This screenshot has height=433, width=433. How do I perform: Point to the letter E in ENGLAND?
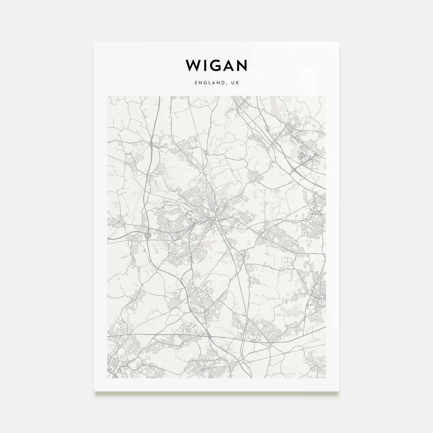pos(195,83)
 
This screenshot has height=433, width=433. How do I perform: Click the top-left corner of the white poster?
pos(94,42)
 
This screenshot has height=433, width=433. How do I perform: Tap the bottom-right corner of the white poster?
pos(339,391)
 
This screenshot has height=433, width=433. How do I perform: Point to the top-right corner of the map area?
pos(326,96)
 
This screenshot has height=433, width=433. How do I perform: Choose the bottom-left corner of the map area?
pos(107,378)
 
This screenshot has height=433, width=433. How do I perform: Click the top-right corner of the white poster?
pos(339,42)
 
